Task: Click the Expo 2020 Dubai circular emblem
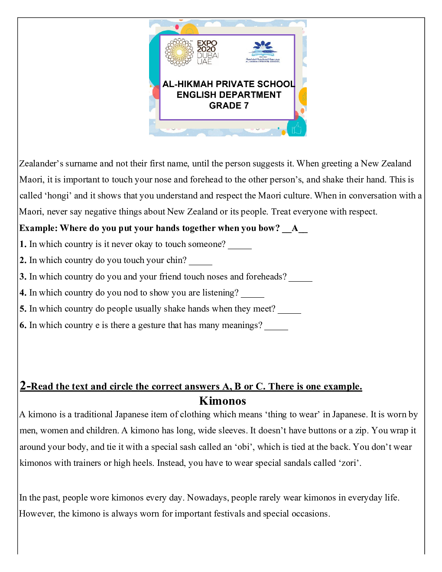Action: pyautogui.click(x=179, y=52)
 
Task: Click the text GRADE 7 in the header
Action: pyautogui.click(x=229, y=106)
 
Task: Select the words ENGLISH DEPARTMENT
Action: pyautogui.click(x=229, y=95)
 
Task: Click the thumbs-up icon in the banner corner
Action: pyautogui.click(x=297, y=128)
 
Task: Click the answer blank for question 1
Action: pyautogui.click(x=240, y=245)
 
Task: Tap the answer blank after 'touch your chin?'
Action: pyautogui.click(x=201, y=261)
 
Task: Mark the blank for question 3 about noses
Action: pyautogui.click(x=300, y=278)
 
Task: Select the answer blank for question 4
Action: pyautogui.click(x=252, y=294)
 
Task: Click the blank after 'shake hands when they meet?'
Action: pyautogui.click(x=289, y=310)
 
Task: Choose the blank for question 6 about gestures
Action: pyautogui.click(x=276, y=326)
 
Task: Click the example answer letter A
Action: pyautogui.click(x=295, y=228)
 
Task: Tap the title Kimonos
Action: pyautogui.click(x=222, y=401)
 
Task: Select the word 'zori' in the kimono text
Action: pyautogui.click(x=349, y=463)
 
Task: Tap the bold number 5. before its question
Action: pyautogui.click(x=23, y=309)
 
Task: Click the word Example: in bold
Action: pyautogui.click(x=38, y=228)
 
